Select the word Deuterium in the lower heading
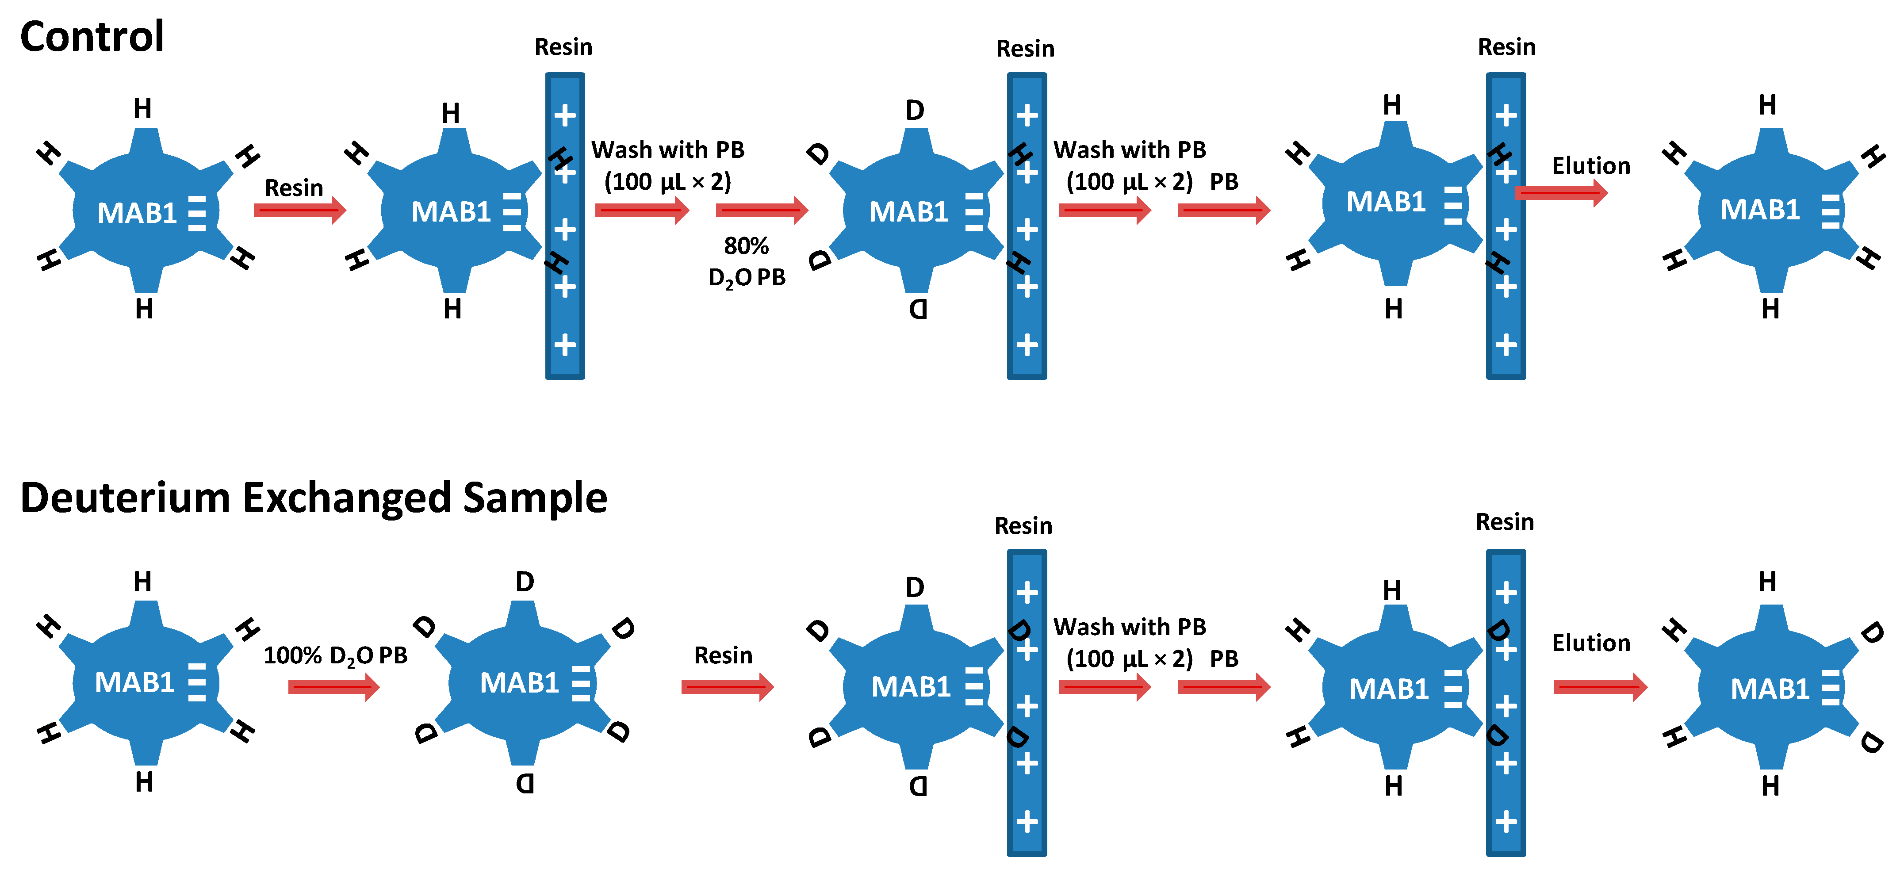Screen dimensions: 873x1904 (125, 498)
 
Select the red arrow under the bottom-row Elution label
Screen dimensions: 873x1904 (1599, 687)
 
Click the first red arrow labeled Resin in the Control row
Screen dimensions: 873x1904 (299, 211)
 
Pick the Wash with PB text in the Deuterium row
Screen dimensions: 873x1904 (1130, 627)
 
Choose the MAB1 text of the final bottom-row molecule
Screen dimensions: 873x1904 (1770, 689)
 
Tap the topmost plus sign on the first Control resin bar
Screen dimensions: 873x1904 (565, 115)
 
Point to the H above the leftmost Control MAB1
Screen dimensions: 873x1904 (143, 109)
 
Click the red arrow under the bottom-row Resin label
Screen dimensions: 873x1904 (727, 687)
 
